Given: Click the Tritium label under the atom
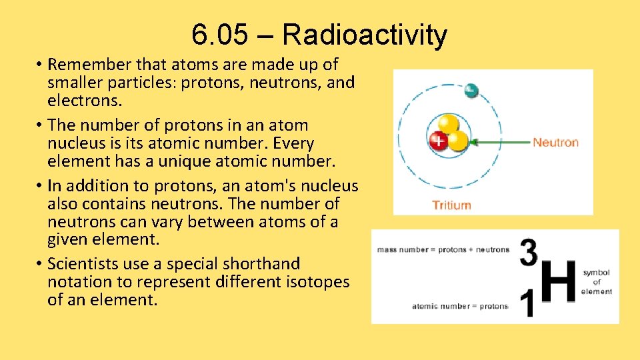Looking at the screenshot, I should pyautogui.click(x=452, y=205).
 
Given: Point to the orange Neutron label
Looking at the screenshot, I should pyautogui.click(x=555, y=142).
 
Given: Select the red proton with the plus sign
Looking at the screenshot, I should pyautogui.click(x=438, y=141).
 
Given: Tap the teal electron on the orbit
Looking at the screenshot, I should pyautogui.click(x=471, y=89).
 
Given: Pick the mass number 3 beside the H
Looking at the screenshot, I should pyautogui.click(x=528, y=253).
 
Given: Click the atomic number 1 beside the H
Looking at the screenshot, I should pyautogui.click(x=527, y=305).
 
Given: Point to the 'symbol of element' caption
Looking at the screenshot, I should pyautogui.click(x=596, y=282).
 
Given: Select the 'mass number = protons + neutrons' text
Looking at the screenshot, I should pyautogui.click(x=443, y=250).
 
